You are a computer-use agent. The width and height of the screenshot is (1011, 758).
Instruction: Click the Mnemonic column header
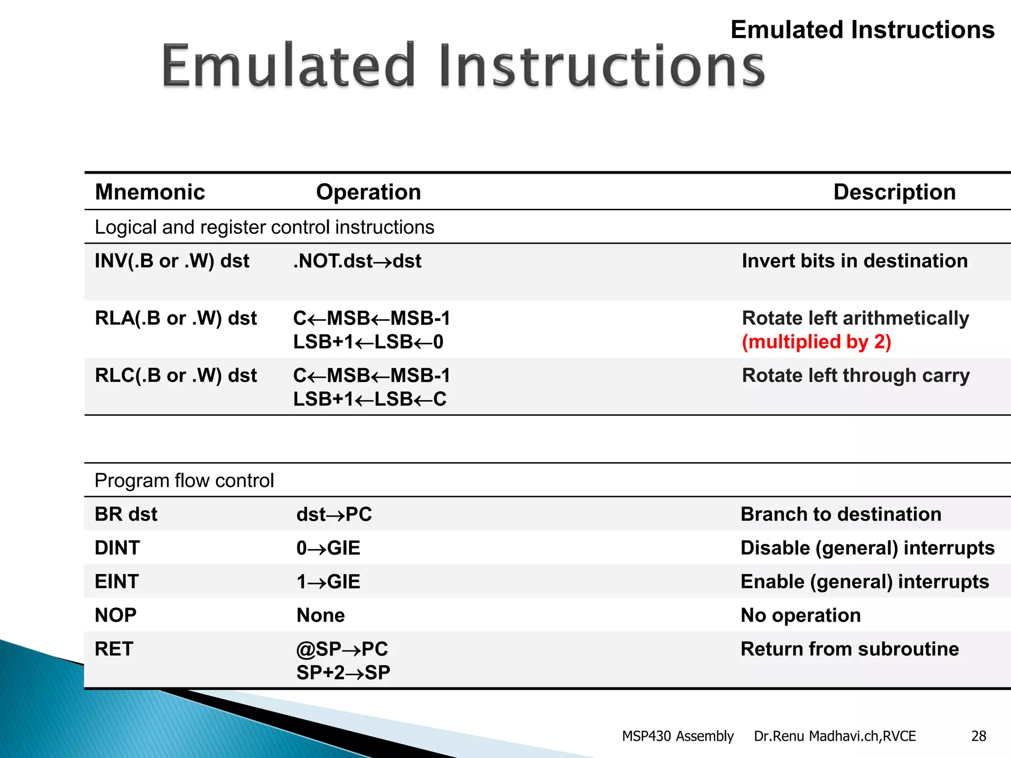pos(150,192)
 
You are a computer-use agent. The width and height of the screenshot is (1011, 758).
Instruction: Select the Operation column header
pos(368,192)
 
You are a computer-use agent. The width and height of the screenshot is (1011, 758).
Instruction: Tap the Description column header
pos(894,192)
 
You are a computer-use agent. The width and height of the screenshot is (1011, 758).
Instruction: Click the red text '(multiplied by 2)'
pos(816,342)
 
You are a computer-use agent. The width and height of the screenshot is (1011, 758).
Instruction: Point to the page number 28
pos(978,736)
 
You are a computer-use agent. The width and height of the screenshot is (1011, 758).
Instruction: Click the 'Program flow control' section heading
pos(184,480)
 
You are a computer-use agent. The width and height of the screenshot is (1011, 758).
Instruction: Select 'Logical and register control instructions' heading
pos(264,227)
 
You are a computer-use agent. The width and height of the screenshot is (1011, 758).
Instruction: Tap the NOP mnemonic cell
pos(116,615)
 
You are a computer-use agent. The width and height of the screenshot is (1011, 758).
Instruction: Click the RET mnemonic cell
pos(114,649)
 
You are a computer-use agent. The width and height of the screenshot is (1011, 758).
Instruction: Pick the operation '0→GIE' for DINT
pos(328,548)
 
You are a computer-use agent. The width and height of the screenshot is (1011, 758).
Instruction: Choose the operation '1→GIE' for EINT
pos(328,582)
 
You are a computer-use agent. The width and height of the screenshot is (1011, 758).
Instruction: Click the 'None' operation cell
pos(320,615)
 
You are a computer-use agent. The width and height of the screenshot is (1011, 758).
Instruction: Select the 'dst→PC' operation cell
pos(334,514)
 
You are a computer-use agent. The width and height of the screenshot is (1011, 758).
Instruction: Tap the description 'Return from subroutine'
pos(850,649)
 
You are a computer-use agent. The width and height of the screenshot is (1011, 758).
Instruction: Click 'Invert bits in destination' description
pos(855,261)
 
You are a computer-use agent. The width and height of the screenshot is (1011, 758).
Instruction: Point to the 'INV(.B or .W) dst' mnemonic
pos(172,261)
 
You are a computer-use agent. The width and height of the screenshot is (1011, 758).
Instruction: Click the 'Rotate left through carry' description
pos(855,376)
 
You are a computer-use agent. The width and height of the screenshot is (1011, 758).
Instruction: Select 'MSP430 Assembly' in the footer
pos(677,736)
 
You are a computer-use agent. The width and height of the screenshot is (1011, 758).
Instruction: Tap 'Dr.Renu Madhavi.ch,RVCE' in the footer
pos(834,736)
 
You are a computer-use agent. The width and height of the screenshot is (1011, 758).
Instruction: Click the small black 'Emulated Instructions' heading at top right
pos(862,30)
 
